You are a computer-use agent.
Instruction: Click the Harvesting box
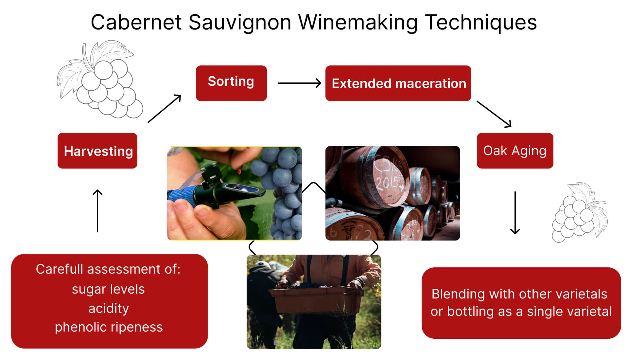(97, 151)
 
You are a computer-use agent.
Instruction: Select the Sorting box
(231, 83)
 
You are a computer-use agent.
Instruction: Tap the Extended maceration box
(398, 83)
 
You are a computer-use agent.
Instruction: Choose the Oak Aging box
(515, 151)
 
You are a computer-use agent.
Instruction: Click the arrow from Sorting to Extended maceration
(299, 83)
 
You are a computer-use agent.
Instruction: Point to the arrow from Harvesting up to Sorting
(165, 109)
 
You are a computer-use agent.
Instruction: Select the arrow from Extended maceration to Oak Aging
(494, 114)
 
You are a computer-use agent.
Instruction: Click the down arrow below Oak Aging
(515, 213)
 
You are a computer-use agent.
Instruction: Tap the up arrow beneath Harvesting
(97, 211)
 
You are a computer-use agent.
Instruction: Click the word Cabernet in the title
(136, 23)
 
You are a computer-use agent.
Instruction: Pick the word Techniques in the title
(481, 23)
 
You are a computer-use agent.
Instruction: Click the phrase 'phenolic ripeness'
(109, 327)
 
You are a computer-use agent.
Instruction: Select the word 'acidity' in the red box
(109, 308)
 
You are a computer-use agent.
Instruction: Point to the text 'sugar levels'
(108, 289)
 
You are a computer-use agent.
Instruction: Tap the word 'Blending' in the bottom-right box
(458, 294)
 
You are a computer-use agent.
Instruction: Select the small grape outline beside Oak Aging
(579, 213)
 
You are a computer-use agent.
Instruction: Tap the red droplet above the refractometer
(239, 171)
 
